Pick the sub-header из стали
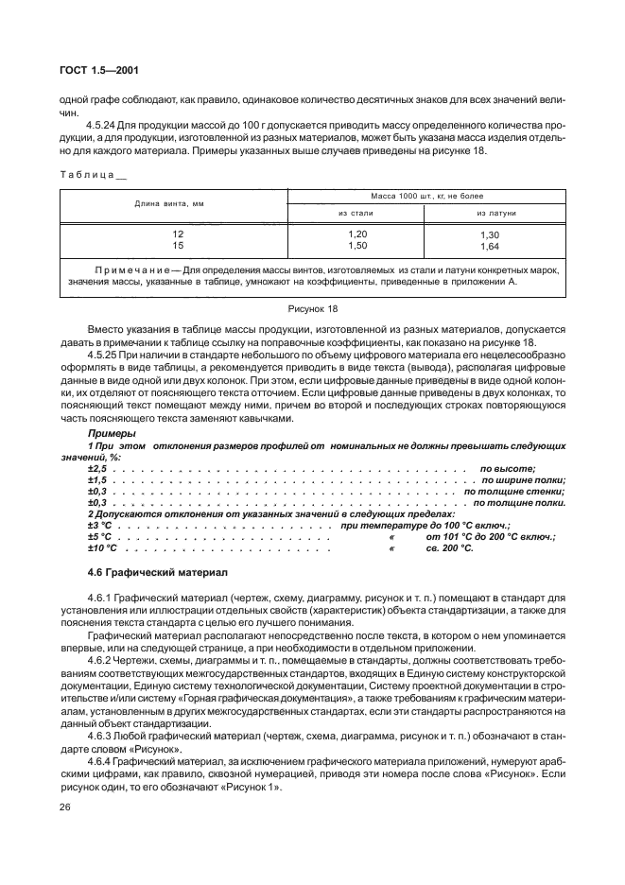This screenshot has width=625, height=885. tap(356, 214)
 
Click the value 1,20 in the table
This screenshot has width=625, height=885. tap(356, 234)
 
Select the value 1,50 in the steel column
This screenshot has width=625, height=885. tap(356, 246)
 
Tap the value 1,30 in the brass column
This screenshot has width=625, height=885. tap(489, 234)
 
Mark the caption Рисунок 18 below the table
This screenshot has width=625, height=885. tap(312, 309)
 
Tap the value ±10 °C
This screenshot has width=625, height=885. tap(102, 547)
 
